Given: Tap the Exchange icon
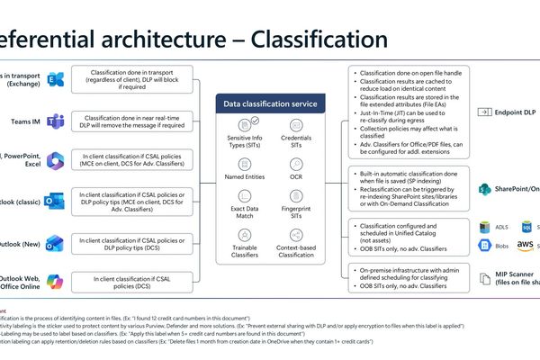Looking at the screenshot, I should (x=57, y=79).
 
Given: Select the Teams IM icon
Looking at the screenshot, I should (x=57, y=122).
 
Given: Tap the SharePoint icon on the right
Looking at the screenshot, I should (x=484, y=189).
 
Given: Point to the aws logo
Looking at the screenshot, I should (x=525, y=244).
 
